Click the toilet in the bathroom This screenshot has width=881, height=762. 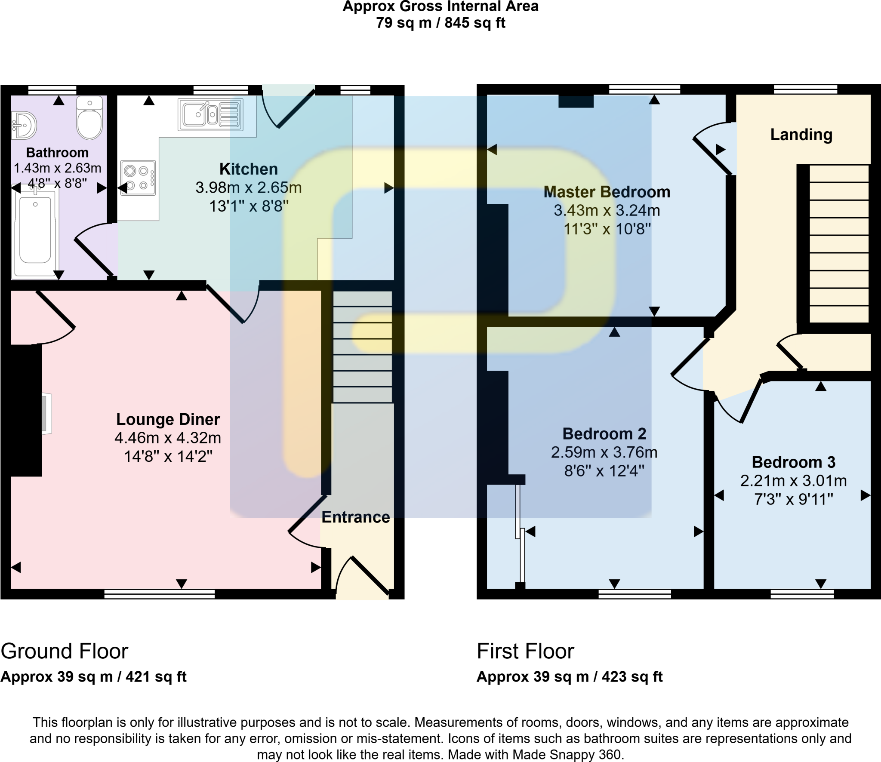(89, 119)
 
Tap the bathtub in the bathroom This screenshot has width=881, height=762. (35, 233)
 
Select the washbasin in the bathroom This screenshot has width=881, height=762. (23, 126)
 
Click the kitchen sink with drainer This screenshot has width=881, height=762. (210, 114)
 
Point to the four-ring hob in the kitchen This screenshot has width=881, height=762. (138, 178)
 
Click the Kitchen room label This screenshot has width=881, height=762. (248, 169)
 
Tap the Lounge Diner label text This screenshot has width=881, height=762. (168, 419)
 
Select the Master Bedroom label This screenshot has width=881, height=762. (607, 192)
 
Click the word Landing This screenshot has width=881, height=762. (801, 135)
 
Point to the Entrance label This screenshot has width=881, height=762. (355, 517)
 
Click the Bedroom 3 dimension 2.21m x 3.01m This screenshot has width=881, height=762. (793, 481)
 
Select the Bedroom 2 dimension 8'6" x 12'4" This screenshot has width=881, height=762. (604, 471)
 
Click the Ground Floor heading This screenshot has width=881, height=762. (65, 651)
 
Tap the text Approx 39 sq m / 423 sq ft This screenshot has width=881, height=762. (569, 677)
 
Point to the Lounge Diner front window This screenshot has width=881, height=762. (159, 594)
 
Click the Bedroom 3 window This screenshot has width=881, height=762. (801, 594)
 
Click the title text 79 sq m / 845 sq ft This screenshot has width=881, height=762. (440, 23)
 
